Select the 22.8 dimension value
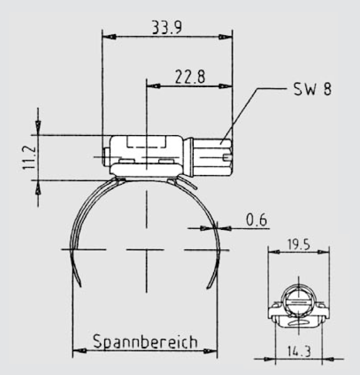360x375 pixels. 189,77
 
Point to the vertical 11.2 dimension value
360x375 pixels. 29,157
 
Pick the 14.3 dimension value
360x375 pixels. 298,352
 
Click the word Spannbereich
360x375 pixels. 145,341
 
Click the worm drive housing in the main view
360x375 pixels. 147,155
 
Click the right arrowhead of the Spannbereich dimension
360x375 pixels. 211,351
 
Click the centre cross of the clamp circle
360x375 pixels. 147,249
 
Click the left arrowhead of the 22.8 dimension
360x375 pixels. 153,86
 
